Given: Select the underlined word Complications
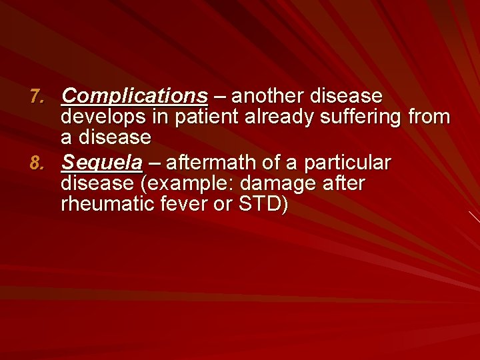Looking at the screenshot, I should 134,97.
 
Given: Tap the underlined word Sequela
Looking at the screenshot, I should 101,163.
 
